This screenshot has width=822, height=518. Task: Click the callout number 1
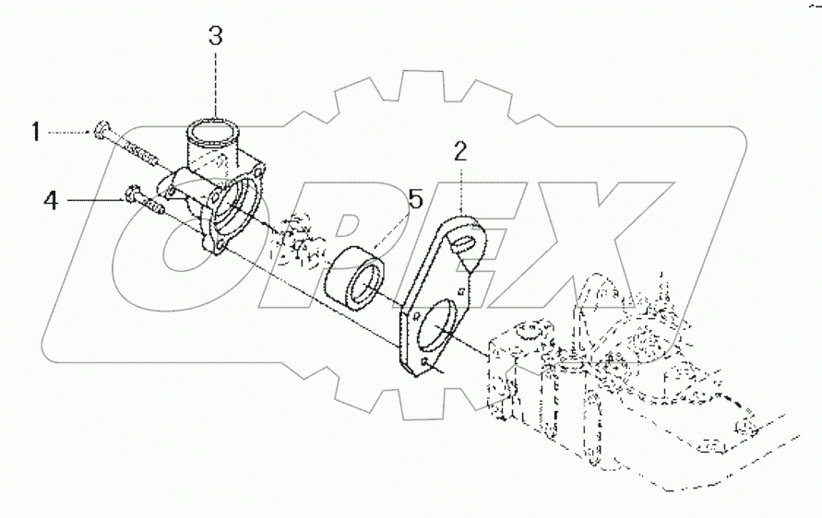[35, 133]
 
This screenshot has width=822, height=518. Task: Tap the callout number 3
[214, 37]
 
